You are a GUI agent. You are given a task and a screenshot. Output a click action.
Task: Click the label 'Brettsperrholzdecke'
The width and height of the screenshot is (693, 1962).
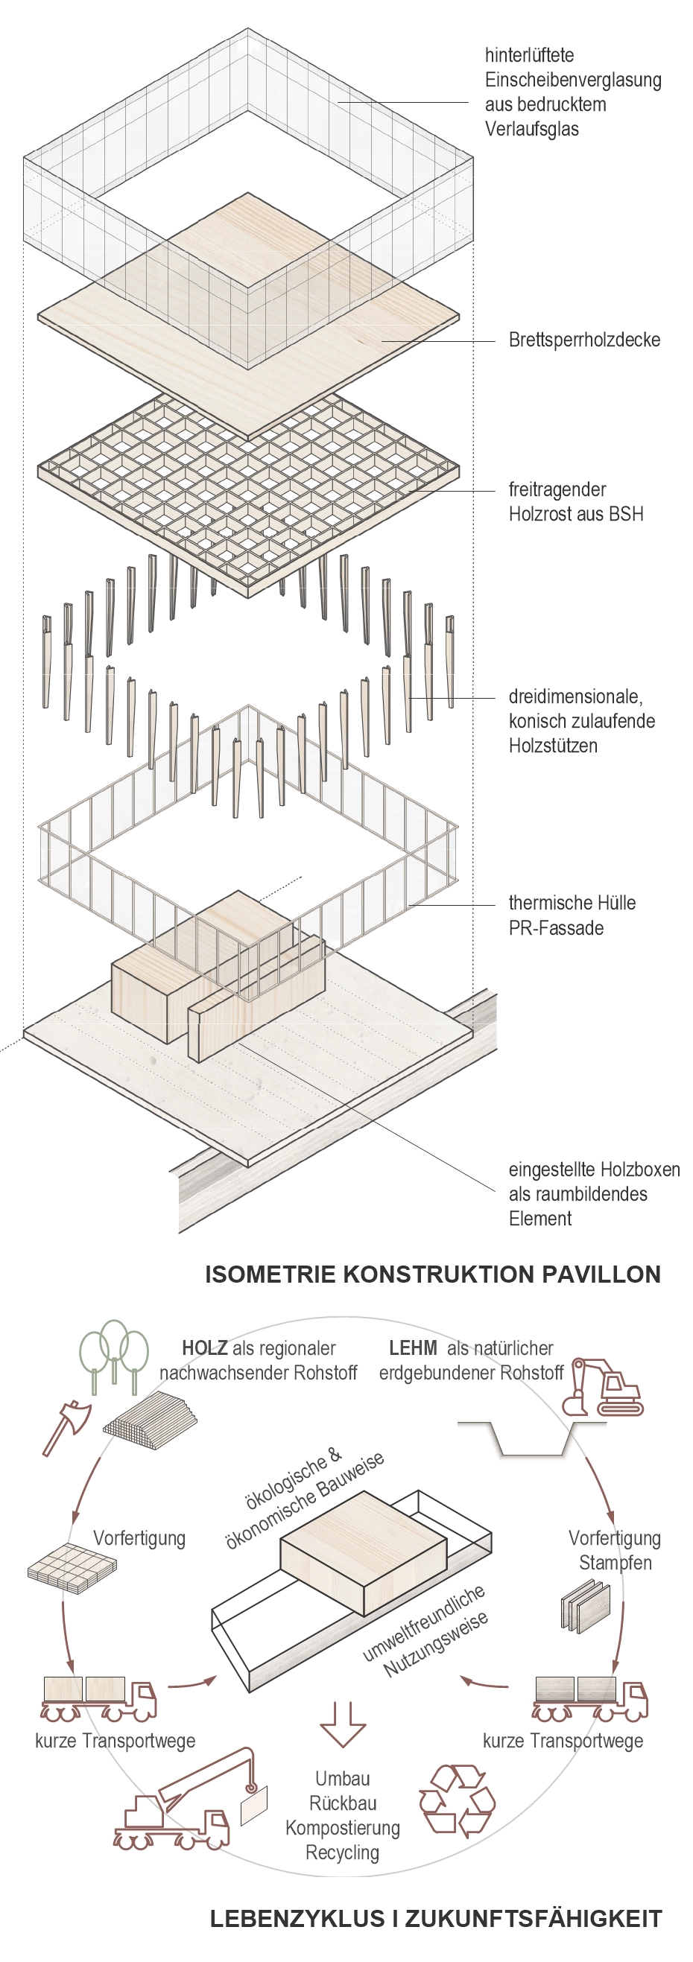coord(584,340)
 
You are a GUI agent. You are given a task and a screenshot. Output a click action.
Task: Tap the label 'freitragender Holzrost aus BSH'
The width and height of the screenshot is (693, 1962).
coord(576,502)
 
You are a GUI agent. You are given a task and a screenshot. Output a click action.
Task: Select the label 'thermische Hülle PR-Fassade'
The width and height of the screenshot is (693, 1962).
coord(572,915)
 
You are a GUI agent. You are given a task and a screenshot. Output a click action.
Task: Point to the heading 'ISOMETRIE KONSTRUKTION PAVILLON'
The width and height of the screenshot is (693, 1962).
coord(432,1275)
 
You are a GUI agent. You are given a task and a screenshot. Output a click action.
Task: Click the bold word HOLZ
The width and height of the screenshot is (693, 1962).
coord(204,1349)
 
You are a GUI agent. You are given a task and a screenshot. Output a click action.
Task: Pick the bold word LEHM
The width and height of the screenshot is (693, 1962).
coord(413,1349)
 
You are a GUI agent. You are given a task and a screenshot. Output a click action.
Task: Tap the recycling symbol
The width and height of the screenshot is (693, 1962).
coord(457,1800)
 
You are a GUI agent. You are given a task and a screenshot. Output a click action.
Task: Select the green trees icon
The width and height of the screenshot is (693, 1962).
coord(114,1356)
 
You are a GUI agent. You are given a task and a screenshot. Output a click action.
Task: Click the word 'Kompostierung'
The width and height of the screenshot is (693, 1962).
coord(343,1828)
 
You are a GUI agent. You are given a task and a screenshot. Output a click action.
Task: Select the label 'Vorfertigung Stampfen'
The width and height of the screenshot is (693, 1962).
coord(615,1551)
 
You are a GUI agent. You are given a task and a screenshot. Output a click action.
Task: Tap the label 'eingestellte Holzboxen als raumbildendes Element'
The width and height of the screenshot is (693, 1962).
coord(594,1193)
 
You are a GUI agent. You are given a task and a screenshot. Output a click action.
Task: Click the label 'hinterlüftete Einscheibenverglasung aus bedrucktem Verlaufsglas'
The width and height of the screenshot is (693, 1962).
coord(573,92)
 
